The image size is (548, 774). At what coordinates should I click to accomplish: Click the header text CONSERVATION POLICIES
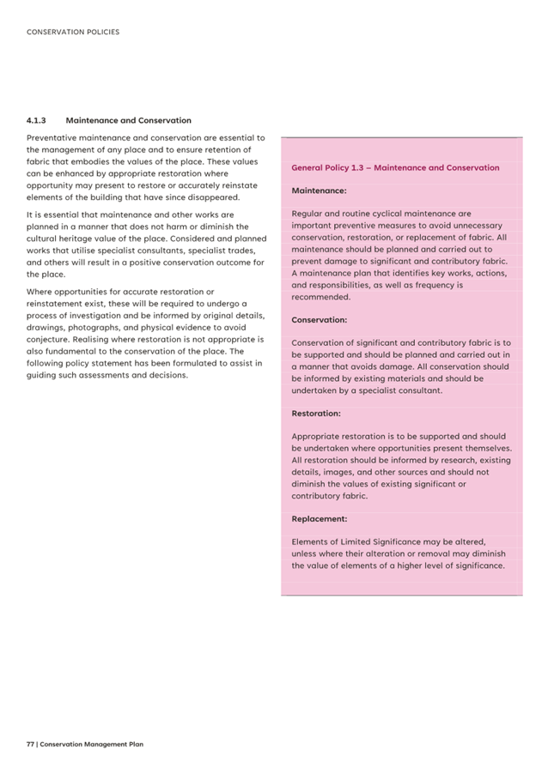click(x=73, y=33)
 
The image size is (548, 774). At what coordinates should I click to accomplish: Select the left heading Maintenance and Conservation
click(x=129, y=121)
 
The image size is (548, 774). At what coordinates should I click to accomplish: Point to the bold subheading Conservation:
click(x=320, y=319)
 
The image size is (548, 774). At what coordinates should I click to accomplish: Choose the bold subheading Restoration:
click(x=316, y=414)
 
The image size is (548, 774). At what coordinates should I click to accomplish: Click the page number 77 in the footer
click(x=30, y=744)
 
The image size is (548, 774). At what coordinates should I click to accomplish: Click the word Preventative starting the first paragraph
click(x=54, y=137)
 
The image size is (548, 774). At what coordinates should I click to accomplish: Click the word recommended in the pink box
click(x=321, y=297)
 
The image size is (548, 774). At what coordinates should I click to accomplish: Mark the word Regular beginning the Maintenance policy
click(x=307, y=213)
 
